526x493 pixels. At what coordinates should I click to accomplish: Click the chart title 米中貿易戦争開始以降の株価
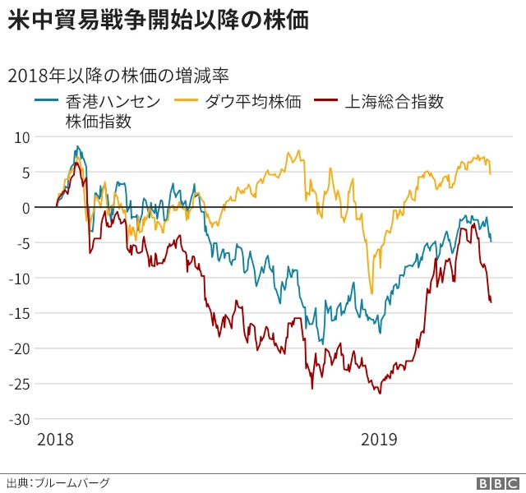(x=158, y=21)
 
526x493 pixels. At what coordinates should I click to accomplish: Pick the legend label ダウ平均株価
(x=252, y=102)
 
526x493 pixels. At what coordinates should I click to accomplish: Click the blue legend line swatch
(x=46, y=102)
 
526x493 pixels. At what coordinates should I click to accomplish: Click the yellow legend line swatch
(x=187, y=102)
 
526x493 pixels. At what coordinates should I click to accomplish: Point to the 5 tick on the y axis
(x=25, y=173)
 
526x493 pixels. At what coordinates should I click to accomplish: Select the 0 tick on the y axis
(x=25, y=208)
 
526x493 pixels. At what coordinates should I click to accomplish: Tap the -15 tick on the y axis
(x=19, y=313)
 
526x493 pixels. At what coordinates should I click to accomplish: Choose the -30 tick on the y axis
(x=19, y=419)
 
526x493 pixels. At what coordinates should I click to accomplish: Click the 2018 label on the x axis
(x=56, y=440)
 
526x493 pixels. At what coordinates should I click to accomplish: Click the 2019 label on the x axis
(x=379, y=440)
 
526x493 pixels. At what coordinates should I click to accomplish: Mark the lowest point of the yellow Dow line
(x=371, y=293)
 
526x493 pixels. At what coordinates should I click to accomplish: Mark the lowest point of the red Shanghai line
(x=380, y=394)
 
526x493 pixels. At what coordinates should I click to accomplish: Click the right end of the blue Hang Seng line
(x=491, y=241)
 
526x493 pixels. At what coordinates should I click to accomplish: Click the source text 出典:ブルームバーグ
(x=58, y=482)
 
